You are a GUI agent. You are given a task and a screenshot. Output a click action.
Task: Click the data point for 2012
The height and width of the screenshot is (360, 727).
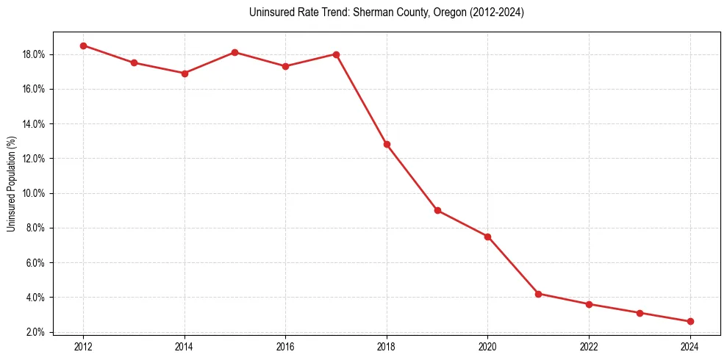pos(83,46)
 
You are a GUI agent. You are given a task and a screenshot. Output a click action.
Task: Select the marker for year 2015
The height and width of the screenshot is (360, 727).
pos(234,52)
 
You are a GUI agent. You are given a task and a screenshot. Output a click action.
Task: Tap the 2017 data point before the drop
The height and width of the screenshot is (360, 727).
pos(336,54)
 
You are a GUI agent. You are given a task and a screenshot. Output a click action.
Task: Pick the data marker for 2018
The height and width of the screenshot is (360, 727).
pos(387,144)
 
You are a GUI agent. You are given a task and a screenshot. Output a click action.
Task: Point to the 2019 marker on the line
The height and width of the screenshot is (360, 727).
pos(437,210)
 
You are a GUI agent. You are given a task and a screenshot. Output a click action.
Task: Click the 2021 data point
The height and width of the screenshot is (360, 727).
pos(538,294)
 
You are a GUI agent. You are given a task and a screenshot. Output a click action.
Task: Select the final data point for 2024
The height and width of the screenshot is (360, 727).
pos(690,321)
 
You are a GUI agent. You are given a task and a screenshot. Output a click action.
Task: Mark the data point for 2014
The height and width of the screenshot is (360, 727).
pos(185,73)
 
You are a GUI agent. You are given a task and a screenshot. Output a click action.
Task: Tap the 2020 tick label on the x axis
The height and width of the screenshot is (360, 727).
pos(487,346)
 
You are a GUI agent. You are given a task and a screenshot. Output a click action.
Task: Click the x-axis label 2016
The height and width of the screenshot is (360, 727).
pos(285,346)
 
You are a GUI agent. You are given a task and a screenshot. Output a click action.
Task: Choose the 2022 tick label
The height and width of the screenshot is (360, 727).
pos(589,346)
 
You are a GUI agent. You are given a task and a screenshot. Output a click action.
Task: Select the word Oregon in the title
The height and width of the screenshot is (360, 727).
pos(438,12)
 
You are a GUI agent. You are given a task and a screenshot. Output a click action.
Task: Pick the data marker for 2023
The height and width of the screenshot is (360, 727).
pos(640,313)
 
